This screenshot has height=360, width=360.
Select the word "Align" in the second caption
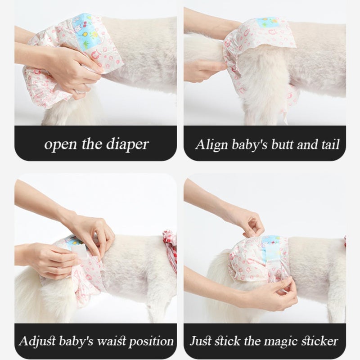click(x=208, y=144)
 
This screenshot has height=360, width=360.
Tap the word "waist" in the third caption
click(x=107, y=341)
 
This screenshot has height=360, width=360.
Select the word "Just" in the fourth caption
click(x=200, y=341)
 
